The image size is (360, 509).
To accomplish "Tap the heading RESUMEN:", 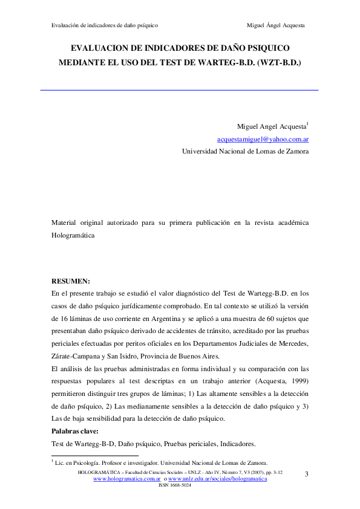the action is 71,280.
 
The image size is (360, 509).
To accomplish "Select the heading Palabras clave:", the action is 78,432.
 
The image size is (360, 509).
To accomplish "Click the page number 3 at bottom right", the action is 306,473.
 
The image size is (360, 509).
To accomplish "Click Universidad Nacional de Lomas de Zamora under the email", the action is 245,152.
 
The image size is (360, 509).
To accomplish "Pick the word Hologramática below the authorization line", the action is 74,235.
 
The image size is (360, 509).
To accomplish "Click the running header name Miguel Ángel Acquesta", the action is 276,26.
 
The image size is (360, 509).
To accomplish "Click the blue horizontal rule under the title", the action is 179,90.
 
